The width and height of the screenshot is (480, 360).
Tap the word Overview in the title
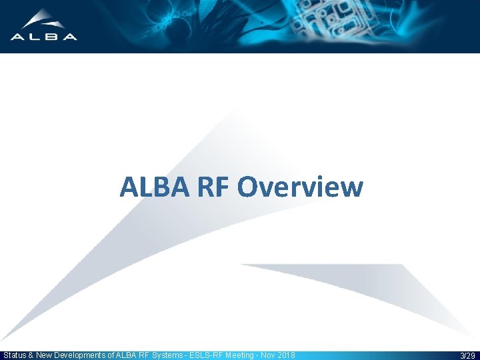[300, 187]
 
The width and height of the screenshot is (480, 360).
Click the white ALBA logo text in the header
[43, 37]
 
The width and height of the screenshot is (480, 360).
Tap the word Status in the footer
[15, 355]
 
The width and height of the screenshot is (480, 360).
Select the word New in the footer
[45, 355]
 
